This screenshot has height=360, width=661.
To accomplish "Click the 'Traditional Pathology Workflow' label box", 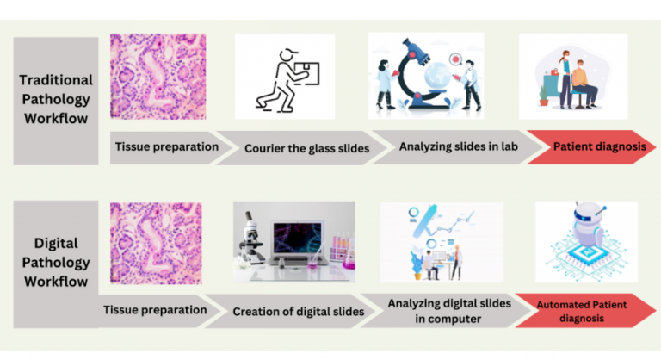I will click(x=55, y=101).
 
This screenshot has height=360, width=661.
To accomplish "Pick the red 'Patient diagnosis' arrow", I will click(x=597, y=147).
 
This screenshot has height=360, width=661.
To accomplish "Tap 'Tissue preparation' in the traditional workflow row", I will click(x=166, y=146).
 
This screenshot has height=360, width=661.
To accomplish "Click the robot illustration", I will click(x=586, y=240).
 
